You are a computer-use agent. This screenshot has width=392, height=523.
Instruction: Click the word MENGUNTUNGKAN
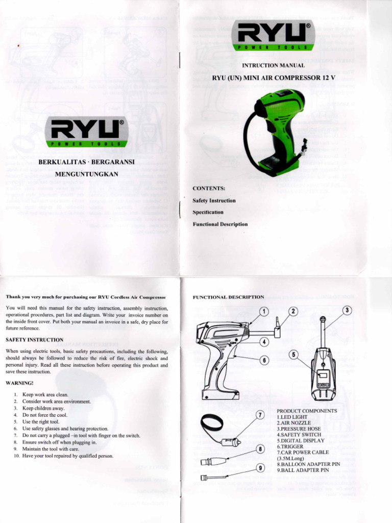pos(86,174)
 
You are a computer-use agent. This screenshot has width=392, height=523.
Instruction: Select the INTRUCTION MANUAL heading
pos(273,66)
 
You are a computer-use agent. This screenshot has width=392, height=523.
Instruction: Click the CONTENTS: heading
pos(209,188)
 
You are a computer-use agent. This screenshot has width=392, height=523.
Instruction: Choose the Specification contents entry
pos(208,212)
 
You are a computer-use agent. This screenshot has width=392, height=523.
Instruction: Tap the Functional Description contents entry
pos(220,224)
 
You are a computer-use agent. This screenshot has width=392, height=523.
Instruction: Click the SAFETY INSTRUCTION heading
pos(35,340)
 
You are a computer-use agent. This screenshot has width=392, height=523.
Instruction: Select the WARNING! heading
pos(20,383)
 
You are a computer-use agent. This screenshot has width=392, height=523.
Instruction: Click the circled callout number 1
pos(263,311)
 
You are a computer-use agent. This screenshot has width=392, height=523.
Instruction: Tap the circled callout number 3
pos(347,310)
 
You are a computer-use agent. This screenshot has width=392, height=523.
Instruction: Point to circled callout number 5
pos(293,354)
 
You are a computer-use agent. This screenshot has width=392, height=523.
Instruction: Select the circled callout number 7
pos(259,415)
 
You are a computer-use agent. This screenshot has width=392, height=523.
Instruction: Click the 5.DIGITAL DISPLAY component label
pos(301,440)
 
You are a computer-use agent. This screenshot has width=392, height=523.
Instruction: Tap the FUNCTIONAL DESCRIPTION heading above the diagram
pos(228,297)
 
